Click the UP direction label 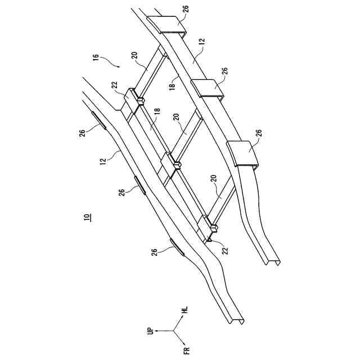[150, 331]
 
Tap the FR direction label [186, 352]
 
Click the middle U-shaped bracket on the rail [206, 89]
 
